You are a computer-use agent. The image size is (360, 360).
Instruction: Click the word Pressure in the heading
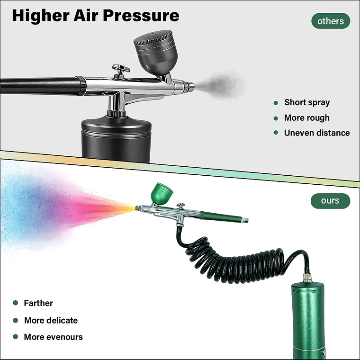(141, 15)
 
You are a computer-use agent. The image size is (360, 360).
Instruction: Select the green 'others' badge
(330, 21)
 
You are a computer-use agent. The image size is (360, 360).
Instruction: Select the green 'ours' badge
(330, 200)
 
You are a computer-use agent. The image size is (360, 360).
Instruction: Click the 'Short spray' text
(307, 102)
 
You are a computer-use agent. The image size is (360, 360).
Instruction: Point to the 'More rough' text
(306, 117)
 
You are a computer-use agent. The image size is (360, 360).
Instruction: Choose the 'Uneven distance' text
(317, 133)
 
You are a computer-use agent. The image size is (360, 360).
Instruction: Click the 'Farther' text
(38, 303)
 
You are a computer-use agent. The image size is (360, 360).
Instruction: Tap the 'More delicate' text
(51, 320)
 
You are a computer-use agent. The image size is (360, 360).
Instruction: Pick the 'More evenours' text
(54, 337)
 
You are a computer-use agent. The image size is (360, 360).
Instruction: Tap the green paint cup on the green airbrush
(162, 192)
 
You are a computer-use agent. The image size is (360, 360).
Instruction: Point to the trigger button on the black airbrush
(121, 69)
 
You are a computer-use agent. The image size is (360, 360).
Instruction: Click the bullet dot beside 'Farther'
(15, 303)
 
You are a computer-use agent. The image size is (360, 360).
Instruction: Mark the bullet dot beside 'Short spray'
(276, 103)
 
